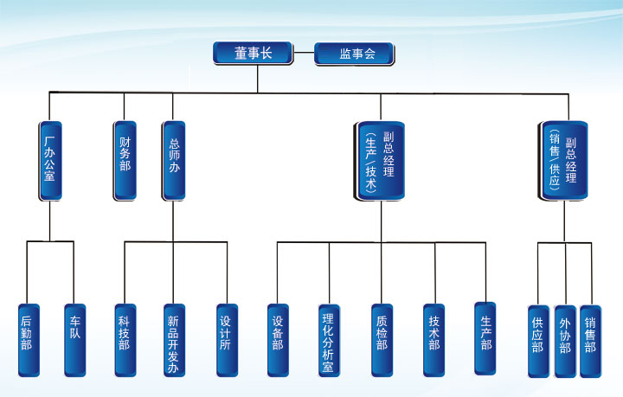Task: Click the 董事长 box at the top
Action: tap(254, 54)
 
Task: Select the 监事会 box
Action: tap(354, 54)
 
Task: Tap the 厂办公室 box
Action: tap(50, 161)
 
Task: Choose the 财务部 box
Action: tap(124, 161)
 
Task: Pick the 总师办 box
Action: tap(173, 161)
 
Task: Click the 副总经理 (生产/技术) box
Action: tap(380, 162)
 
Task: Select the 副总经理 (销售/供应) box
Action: tap(563, 162)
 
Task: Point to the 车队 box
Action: tap(74, 340)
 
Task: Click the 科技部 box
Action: tap(125, 340)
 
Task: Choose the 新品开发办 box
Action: tap(173, 340)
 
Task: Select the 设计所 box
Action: tap(227, 340)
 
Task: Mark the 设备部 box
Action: tap(278, 340)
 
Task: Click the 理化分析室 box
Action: tap(328, 340)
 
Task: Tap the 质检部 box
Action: tap(382, 340)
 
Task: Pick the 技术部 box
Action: tap(434, 340)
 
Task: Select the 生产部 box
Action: tap(485, 338)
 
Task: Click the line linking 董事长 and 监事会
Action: tap(303, 54)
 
